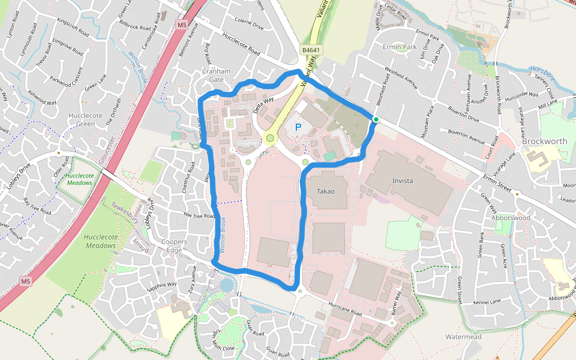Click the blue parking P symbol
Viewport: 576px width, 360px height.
(298, 127)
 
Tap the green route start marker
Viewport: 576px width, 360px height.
(376, 120)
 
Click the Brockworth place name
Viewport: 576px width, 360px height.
(544, 142)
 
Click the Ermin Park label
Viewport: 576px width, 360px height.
(400, 47)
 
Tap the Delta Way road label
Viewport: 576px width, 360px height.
(263, 104)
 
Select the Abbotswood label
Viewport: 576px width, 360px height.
(511, 218)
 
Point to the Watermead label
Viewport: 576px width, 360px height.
(464, 337)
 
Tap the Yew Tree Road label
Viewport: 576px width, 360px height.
(199, 215)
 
